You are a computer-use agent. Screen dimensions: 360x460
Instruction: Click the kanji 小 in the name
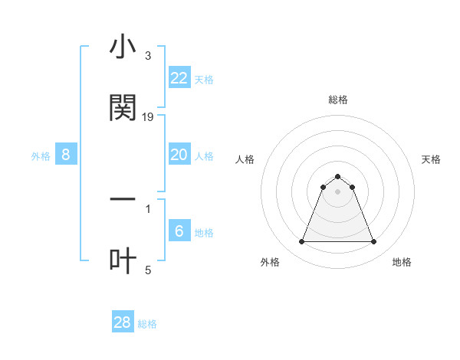point(123,48)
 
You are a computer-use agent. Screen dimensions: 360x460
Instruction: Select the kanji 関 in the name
point(123,109)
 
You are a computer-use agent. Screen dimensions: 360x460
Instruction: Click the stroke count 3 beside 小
point(148,56)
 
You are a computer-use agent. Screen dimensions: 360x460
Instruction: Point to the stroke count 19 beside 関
point(149,117)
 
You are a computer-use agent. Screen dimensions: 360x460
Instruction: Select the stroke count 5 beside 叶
point(148,270)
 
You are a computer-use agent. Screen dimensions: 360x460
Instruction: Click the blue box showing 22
point(179,77)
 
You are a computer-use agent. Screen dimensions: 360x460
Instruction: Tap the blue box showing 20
point(179,155)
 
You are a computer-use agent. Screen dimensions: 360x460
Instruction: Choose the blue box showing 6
point(179,231)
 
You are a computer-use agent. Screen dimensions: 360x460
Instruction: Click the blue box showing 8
point(65,155)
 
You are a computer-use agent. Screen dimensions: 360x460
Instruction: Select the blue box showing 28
point(122,322)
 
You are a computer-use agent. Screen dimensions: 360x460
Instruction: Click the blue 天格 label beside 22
point(204,80)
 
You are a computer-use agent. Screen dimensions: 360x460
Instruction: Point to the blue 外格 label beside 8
point(41,156)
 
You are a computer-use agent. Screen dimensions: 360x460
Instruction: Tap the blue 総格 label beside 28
point(147,325)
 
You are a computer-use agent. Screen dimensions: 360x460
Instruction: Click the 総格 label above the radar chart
point(338,100)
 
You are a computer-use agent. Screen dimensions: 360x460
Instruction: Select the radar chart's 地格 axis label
point(402,262)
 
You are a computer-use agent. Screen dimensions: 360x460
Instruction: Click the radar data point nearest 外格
point(302,242)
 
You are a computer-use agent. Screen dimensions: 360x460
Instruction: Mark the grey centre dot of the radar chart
point(338,191)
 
